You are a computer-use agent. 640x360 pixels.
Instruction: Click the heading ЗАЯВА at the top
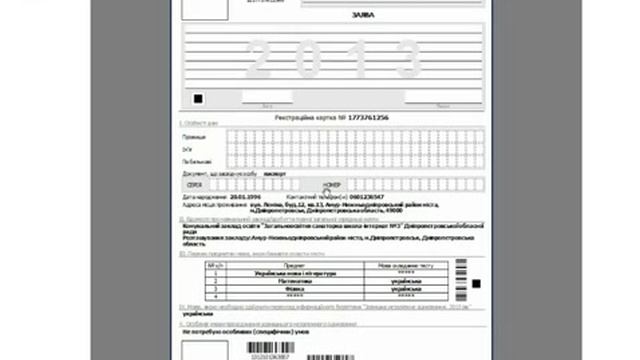coord(333,15)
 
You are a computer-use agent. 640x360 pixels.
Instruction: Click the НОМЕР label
coord(333,185)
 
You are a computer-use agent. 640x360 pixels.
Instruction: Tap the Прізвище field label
coord(195,136)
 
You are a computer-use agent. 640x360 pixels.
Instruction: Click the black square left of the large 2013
coord(198,98)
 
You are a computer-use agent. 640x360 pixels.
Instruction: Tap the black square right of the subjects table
coord(476,284)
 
